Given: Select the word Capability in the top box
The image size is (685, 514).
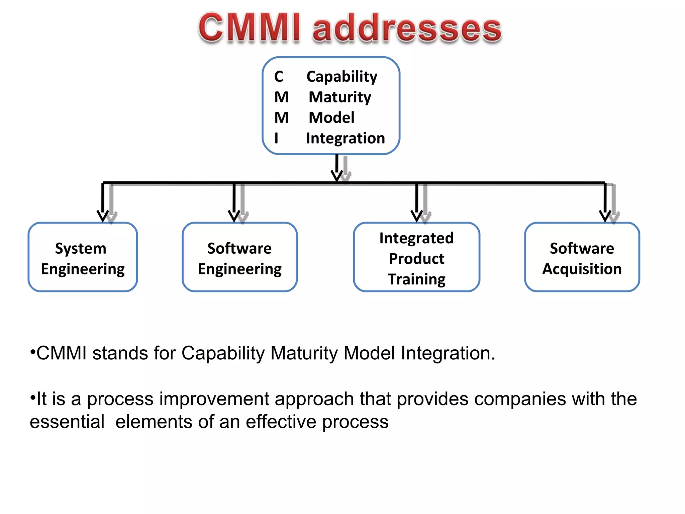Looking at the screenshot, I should pyautogui.click(x=341, y=77).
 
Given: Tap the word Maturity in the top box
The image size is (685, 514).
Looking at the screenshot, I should pyautogui.click(x=339, y=97).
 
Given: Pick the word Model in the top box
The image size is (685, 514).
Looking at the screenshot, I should pyautogui.click(x=331, y=118).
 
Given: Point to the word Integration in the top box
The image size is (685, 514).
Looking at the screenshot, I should pyautogui.click(x=345, y=138).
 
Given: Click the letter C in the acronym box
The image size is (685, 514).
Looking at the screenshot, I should pyautogui.click(x=278, y=77).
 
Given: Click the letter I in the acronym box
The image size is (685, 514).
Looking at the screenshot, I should pyautogui.click(x=276, y=138).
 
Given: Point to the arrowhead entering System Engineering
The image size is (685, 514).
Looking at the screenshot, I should pyautogui.click(x=103, y=216).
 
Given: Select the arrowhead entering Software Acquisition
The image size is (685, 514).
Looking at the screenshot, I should pyautogui.click(x=605, y=216).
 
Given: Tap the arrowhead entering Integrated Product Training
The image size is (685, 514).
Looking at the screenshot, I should pyautogui.click(x=417, y=216).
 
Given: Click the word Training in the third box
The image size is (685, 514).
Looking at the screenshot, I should pyautogui.click(x=416, y=279).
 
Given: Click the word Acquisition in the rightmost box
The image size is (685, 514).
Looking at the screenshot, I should pyautogui.click(x=582, y=269).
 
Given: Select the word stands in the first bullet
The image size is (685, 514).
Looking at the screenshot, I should pyautogui.click(x=120, y=353).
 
